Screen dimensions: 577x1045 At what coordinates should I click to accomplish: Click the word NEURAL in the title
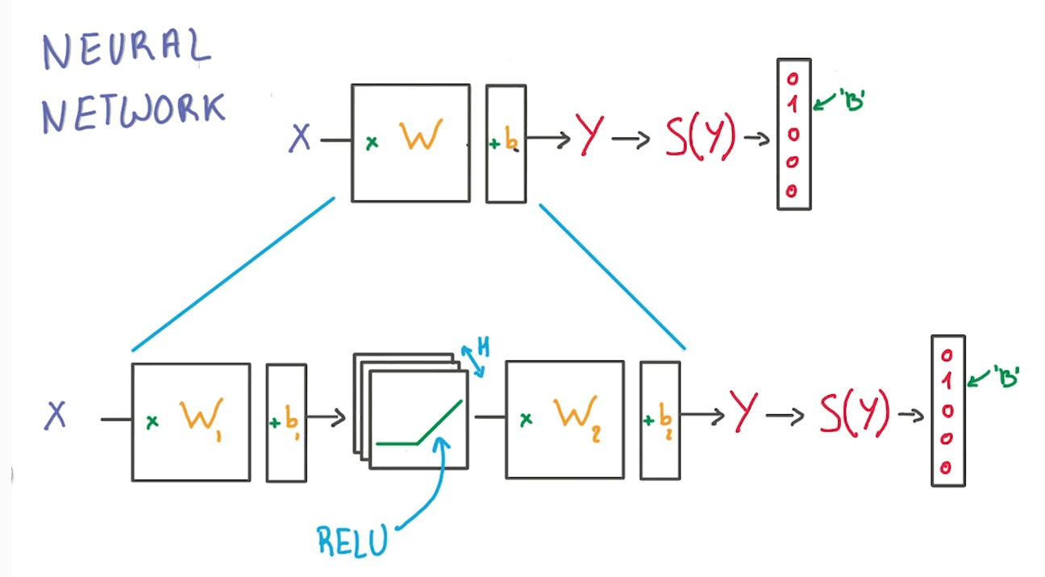126,51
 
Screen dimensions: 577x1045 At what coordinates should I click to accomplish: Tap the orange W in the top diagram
421,137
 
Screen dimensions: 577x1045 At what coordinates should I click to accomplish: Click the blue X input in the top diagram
300,139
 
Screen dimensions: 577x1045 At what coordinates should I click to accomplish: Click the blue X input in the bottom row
56,416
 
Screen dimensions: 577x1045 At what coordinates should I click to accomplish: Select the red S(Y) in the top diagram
700,139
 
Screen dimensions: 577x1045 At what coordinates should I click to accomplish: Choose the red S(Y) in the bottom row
855,414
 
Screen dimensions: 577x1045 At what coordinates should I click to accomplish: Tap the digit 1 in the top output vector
793,104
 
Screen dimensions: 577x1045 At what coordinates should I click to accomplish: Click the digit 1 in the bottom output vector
947,382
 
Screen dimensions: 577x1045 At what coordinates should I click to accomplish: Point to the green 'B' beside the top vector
851,102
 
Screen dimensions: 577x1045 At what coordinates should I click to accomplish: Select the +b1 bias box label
286,421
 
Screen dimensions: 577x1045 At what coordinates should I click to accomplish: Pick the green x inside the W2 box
526,419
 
